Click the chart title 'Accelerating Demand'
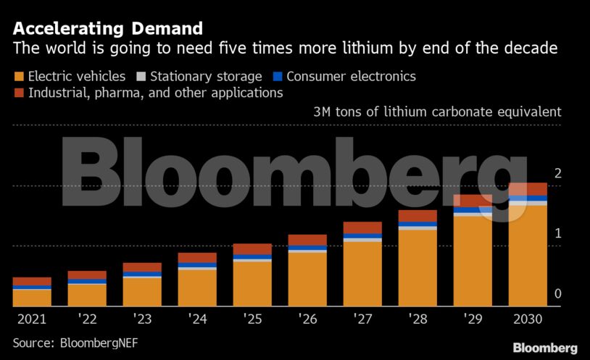tap(107, 29)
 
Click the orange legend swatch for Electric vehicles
tap(18, 76)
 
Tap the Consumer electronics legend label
tap(351, 76)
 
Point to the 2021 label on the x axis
tap(31, 318)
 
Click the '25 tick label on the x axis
tap(252, 318)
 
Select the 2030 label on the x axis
tap(528, 318)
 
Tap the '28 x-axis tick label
tap(417, 318)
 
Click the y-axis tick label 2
tap(557, 173)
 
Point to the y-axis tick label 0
tap(557, 293)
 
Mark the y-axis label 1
tap(557, 233)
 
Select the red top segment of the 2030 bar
tap(528, 189)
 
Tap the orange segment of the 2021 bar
tap(32, 298)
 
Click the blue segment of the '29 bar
tap(473, 210)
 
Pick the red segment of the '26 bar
tap(307, 240)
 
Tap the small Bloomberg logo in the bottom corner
tap(545, 348)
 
